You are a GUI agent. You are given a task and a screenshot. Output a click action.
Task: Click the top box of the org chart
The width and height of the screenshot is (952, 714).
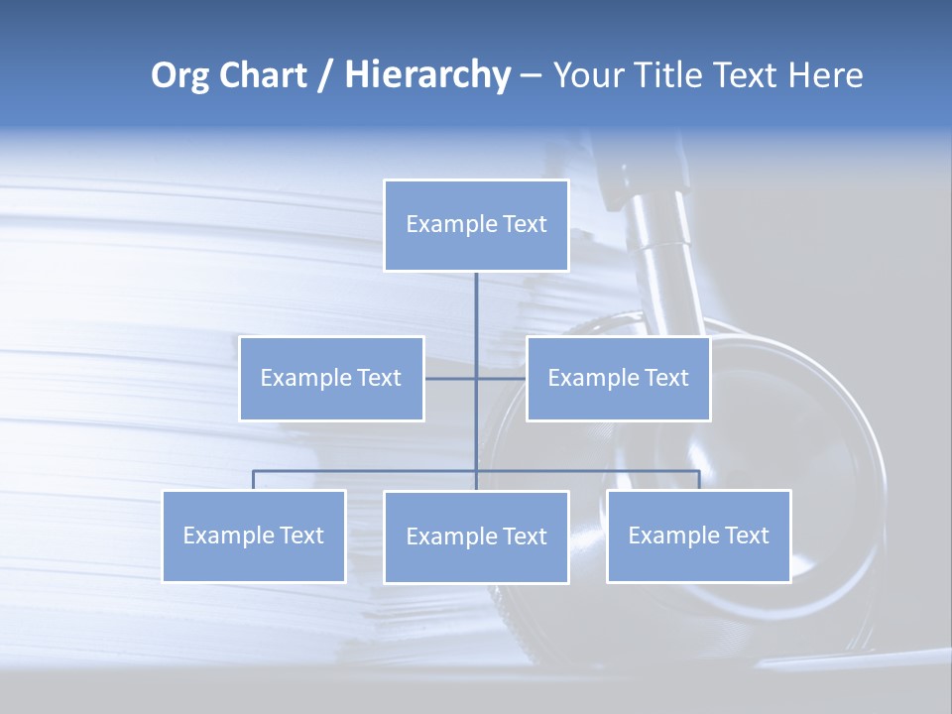pos(476,225)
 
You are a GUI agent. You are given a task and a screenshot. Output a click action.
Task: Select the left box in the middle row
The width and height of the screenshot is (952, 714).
pos(331,378)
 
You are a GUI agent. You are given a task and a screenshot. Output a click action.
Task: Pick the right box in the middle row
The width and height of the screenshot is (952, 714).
pos(618,378)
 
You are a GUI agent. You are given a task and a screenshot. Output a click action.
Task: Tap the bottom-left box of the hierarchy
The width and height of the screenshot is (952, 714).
pos(254,535)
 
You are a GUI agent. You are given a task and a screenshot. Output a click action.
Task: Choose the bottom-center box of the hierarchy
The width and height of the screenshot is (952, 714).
pos(476,536)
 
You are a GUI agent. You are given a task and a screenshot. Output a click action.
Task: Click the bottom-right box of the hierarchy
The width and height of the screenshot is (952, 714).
pos(698,535)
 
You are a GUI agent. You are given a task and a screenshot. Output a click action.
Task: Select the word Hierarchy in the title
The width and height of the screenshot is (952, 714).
pos(426,75)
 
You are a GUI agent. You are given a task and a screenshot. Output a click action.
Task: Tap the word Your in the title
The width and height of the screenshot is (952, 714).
pos(589,75)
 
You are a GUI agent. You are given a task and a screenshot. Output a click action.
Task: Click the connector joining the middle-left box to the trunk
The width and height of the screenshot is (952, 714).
pos(450,378)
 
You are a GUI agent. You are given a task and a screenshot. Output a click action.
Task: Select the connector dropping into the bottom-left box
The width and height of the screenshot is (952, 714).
pos(254,480)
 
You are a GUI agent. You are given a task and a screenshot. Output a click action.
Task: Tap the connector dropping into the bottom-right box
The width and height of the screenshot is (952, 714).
pos(698,480)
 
